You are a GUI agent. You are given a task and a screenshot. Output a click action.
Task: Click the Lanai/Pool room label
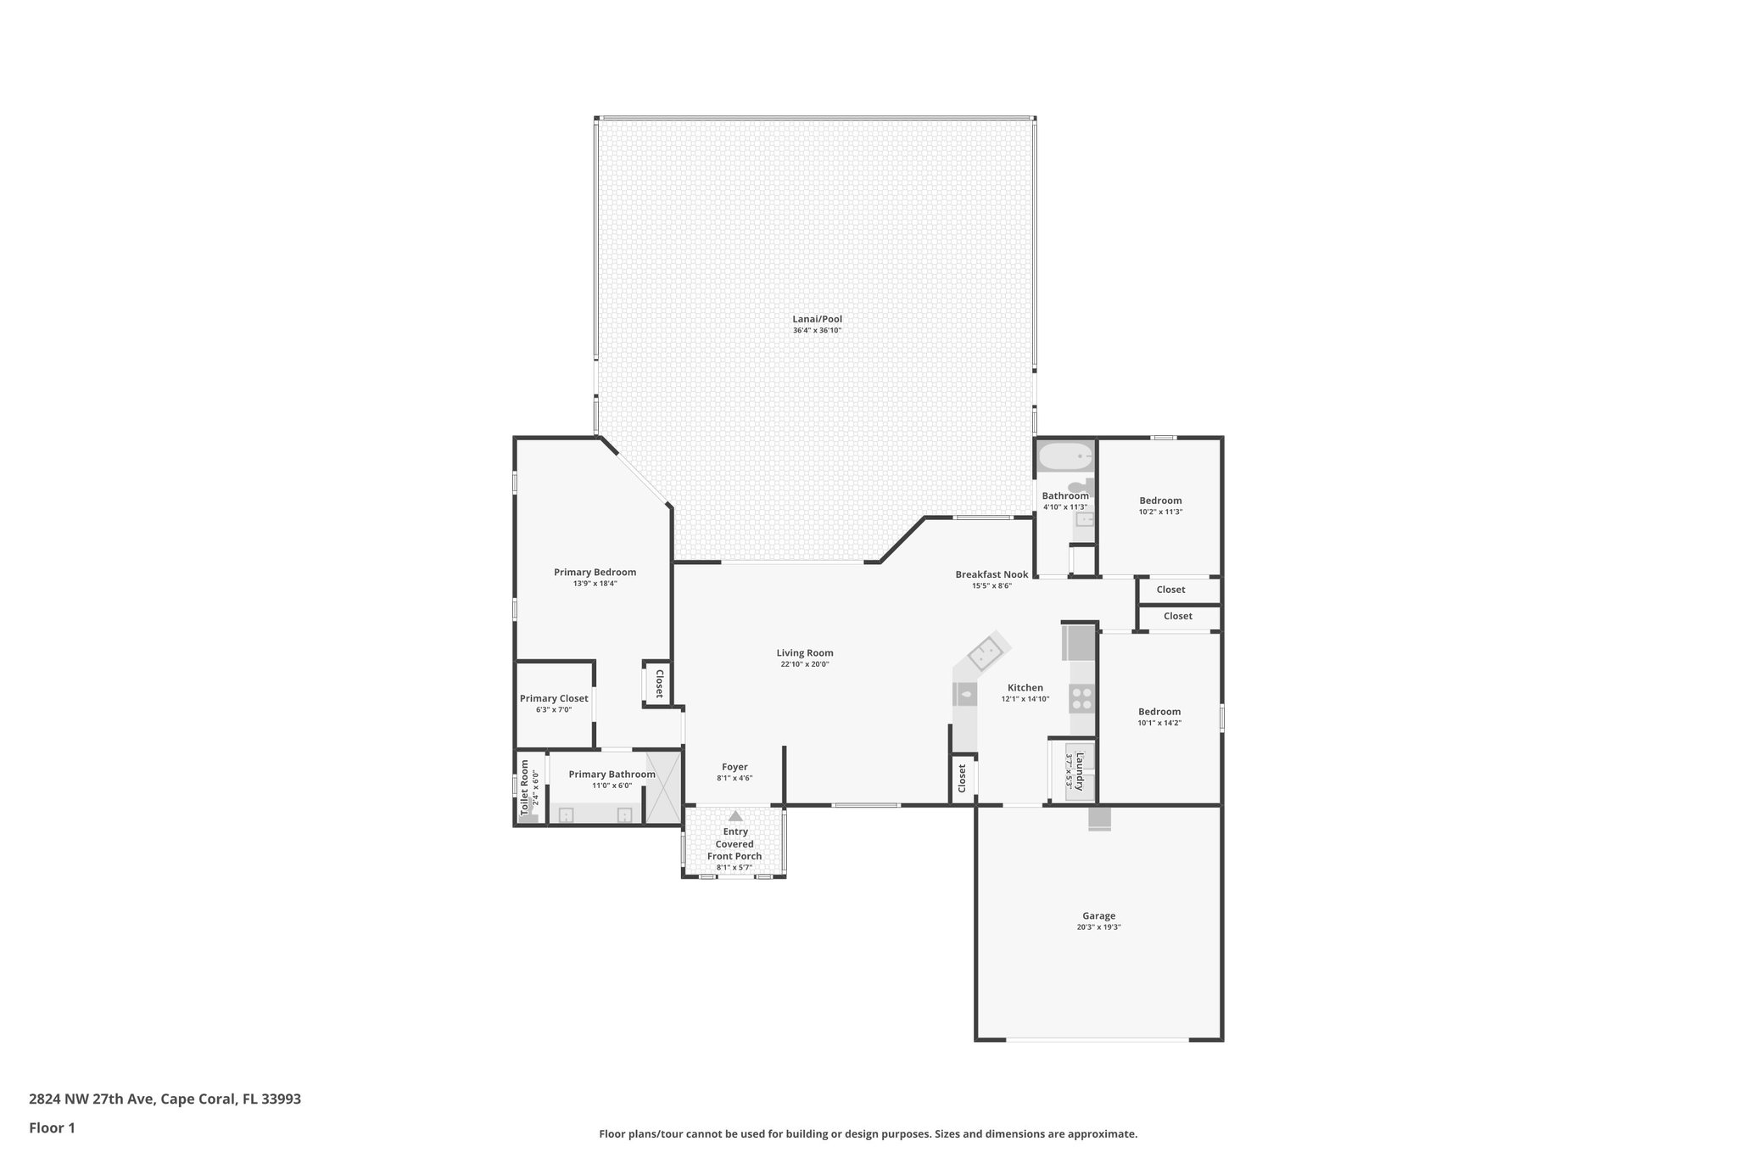point(817,319)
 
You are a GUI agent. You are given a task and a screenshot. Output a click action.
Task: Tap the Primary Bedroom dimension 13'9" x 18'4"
point(595,584)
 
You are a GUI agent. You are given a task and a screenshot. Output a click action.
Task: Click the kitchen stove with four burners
point(1081,699)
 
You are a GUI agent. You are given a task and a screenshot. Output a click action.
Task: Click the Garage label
point(1098,915)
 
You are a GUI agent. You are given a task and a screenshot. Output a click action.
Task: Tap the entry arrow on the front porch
point(735,815)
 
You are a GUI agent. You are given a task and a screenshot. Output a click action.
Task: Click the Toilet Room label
point(525,787)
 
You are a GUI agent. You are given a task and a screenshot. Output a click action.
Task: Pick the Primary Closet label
point(554,698)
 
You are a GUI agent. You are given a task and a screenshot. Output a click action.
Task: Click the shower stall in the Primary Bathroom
point(663,788)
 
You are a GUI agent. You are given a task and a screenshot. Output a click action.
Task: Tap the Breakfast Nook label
point(991,574)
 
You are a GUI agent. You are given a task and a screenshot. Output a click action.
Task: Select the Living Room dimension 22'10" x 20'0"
point(805,664)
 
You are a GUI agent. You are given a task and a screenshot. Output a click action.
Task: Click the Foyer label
point(734,767)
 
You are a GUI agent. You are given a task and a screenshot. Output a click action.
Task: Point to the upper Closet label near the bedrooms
point(1170,590)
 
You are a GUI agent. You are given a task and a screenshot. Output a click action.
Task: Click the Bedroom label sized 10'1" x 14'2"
point(1159,712)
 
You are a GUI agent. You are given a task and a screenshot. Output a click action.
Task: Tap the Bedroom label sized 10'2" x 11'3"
point(1160,501)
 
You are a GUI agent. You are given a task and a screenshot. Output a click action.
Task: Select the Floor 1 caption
point(52,1127)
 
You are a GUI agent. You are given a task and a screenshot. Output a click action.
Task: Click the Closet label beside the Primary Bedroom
point(659,683)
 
